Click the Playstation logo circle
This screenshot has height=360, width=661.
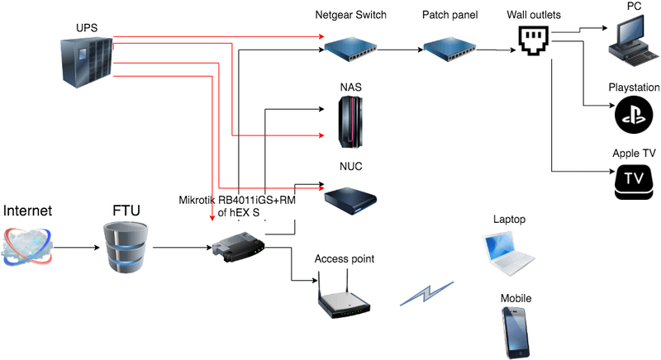coord(633,113)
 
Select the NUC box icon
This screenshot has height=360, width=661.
coord(350,198)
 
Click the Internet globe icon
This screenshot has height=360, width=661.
coord(29,248)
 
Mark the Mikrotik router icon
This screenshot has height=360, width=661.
coord(237,246)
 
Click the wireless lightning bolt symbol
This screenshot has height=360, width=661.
coord(426,294)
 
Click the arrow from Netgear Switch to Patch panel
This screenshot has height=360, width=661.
coord(399,50)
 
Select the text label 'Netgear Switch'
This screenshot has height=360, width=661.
coord(351,16)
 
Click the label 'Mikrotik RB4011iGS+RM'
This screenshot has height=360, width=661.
coord(236,200)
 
